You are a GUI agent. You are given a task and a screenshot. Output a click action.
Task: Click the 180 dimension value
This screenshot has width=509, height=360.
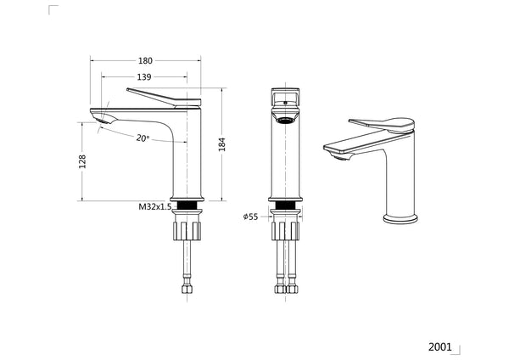145,60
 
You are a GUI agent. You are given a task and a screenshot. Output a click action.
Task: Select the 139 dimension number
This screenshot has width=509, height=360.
143,77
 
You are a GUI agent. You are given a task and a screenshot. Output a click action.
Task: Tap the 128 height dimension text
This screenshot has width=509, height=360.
83,161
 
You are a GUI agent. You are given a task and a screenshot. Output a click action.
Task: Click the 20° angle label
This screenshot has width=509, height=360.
142,138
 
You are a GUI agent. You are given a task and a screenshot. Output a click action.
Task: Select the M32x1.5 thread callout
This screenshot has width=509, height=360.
155,206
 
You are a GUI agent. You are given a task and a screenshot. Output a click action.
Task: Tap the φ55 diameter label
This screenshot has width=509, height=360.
250,217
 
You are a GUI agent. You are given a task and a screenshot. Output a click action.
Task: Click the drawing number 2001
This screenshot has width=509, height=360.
439,346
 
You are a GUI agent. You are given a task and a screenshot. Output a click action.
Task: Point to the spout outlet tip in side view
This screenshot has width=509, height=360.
98,119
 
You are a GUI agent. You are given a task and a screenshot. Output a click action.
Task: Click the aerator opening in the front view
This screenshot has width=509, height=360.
287,120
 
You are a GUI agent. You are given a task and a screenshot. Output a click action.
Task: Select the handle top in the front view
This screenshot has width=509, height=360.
287,95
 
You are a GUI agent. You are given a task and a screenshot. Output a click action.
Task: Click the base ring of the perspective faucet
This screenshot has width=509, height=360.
401,218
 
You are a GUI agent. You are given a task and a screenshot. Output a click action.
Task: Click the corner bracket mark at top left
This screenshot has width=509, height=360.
53,9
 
